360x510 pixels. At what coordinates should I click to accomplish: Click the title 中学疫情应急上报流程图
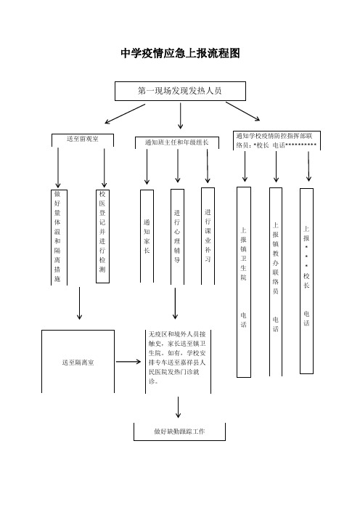pos(180,53)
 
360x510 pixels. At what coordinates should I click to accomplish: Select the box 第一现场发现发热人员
pos(180,91)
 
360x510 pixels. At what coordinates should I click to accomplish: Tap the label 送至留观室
pos(83,139)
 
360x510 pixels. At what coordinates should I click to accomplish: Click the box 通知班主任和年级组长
pos(177,142)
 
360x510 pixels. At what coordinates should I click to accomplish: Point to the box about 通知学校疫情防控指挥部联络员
pos(277,140)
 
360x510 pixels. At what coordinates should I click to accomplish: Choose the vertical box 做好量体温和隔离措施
pos(59,238)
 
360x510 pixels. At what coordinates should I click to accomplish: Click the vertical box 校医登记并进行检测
pos(102,236)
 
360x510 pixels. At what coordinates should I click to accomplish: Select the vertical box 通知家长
pos(147,236)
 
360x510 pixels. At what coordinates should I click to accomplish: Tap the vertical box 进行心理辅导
pos(177,237)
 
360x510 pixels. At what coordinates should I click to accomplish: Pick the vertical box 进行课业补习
pos(208,236)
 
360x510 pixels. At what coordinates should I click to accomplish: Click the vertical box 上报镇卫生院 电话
pos(244,282)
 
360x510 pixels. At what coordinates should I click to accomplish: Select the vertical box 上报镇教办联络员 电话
pos(276,282)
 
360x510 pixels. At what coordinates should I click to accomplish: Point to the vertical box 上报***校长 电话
pos(306,281)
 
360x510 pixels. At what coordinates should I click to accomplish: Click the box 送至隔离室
pos(78,362)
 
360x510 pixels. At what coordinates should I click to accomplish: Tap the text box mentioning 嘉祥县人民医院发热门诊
pos(178,362)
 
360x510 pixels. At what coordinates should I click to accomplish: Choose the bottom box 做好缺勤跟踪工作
pos(180,432)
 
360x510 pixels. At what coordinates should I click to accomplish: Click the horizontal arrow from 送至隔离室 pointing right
pos(128,362)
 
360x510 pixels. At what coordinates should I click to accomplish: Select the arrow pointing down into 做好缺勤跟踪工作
pos(178,408)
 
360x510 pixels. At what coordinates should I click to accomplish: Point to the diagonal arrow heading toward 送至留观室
pos(125,114)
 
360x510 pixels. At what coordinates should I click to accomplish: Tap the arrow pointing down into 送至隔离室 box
pos(79,303)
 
